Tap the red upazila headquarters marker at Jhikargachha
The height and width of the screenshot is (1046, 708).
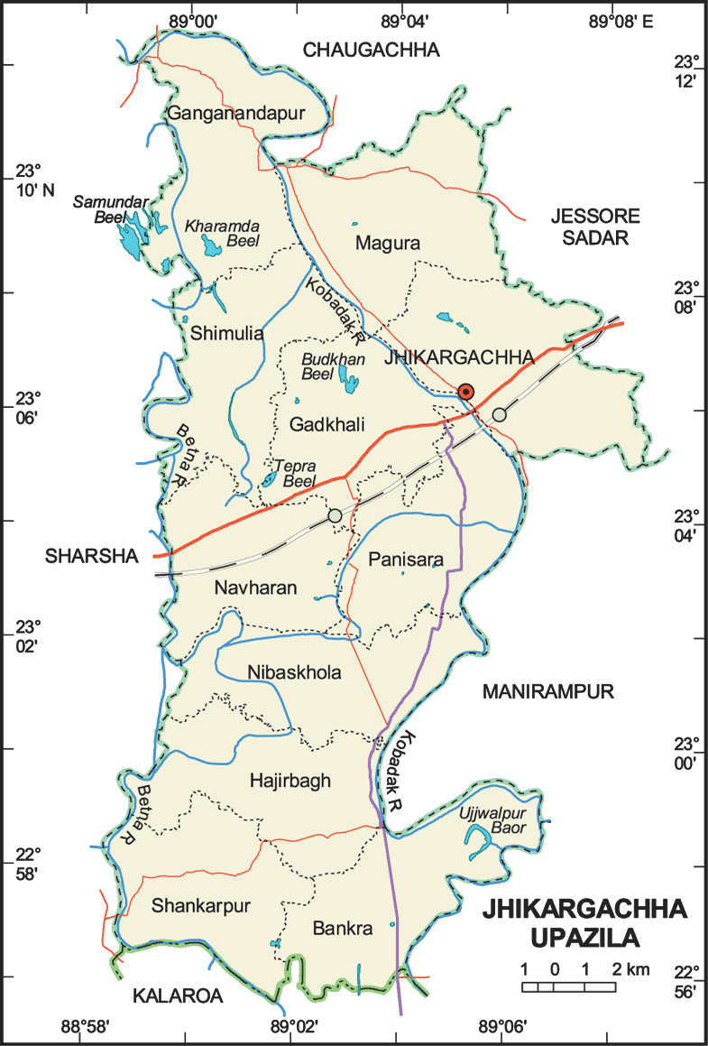[465, 391]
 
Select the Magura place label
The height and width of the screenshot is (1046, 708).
[388, 243]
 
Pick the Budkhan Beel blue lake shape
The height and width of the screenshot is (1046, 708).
[347, 380]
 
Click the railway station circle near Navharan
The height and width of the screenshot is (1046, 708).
[336, 514]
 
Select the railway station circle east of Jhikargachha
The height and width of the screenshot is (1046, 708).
[499, 414]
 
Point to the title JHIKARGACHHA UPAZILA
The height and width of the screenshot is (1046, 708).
[584, 923]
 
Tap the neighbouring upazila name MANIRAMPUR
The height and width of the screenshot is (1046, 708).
[547, 691]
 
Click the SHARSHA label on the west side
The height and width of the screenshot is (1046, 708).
[92, 557]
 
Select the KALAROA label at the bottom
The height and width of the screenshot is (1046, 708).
[177, 995]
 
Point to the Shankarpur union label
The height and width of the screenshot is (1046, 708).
[201, 905]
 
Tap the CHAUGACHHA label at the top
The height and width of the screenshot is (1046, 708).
[371, 51]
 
